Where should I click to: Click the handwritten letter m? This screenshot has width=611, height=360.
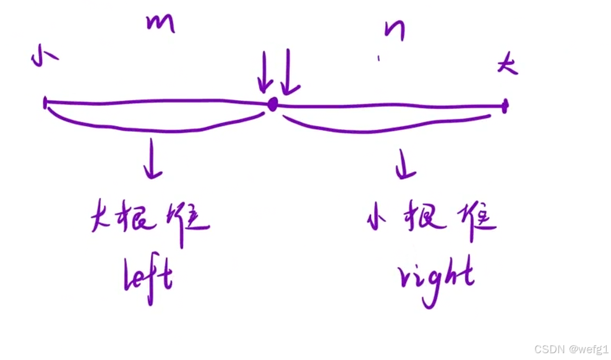tap(161, 24)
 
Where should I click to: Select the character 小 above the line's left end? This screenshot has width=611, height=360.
tap(43, 56)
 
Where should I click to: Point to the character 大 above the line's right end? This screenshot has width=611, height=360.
tap(508, 64)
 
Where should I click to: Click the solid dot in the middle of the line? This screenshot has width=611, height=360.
tap(272, 105)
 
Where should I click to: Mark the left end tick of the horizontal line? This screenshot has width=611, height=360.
tap(45, 103)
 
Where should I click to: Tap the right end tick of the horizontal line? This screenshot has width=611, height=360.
tap(505, 106)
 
